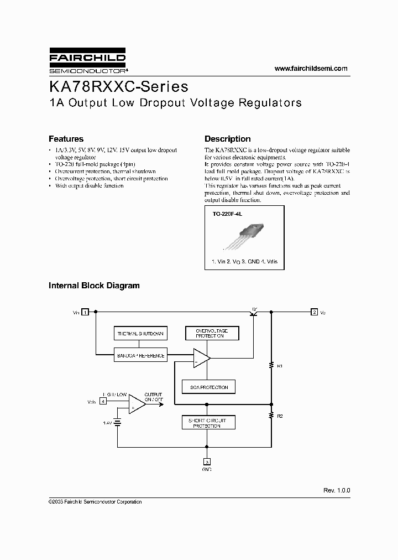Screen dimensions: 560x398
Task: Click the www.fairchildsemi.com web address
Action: (311, 69)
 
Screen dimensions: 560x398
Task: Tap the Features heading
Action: (66, 139)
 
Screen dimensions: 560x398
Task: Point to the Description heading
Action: (227, 139)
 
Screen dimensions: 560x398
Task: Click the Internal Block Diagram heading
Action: (94, 286)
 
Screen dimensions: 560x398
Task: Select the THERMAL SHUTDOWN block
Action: (140, 334)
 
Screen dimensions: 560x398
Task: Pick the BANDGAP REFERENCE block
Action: (140, 356)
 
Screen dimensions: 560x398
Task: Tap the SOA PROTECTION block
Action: (209, 387)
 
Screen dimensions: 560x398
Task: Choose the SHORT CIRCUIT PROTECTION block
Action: (208, 423)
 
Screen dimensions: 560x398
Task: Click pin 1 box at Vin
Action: (86, 313)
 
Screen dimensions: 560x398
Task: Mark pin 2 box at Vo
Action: (314, 313)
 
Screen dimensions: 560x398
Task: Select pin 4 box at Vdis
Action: (103, 401)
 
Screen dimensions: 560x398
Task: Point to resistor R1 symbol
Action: (271, 365)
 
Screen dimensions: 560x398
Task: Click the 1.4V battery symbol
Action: (117, 422)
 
